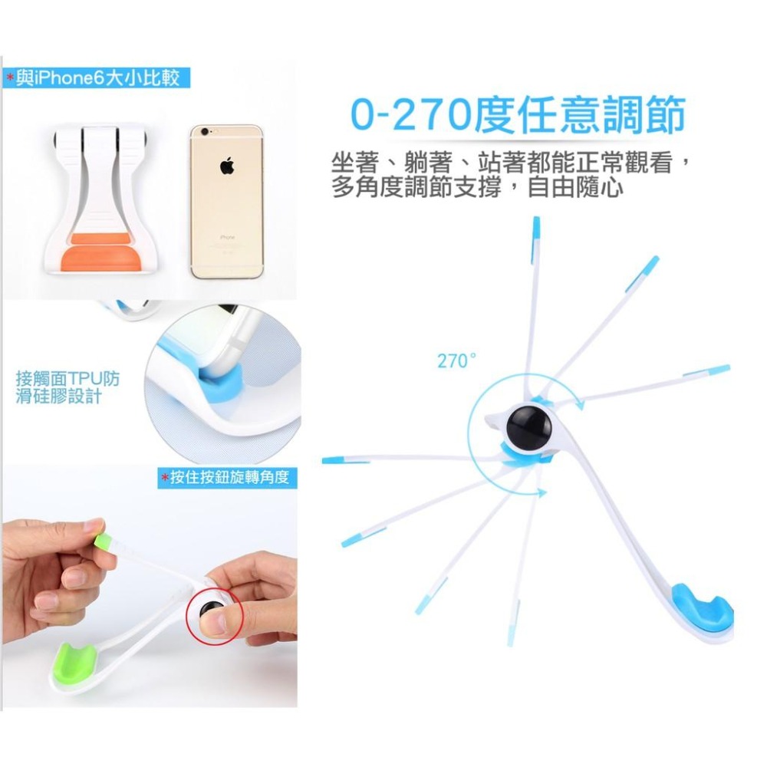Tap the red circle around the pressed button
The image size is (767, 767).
[213, 616]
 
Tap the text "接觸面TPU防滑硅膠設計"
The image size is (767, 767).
[67, 388]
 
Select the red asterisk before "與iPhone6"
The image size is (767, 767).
[10, 77]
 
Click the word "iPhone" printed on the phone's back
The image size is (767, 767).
[227, 238]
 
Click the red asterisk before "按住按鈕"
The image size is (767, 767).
[164, 479]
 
